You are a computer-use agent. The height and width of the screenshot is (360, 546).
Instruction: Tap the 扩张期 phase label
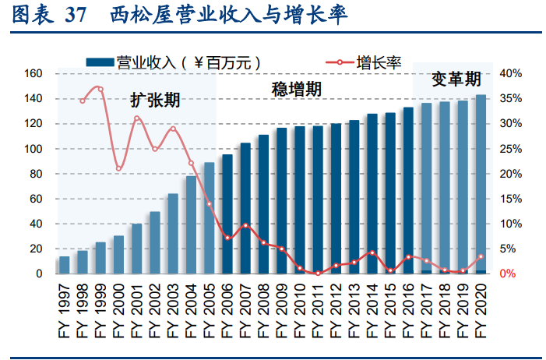click(x=155, y=101)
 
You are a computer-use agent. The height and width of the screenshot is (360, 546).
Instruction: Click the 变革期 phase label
click(x=456, y=79)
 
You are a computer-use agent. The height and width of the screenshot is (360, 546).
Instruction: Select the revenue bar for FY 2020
click(x=481, y=184)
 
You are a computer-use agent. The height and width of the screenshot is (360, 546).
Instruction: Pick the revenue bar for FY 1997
click(x=64, y=265)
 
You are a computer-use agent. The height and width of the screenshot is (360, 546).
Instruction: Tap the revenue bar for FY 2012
click(x=336, y=199)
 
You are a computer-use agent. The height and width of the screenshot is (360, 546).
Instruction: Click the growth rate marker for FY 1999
click(x=100, y=89)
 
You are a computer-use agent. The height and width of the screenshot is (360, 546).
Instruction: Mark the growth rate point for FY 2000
click(x=118, y=168)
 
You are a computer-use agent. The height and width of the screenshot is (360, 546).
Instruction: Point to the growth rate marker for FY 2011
click(x=318, y=274)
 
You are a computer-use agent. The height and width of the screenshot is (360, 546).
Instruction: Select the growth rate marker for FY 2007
click(x=245, y=226)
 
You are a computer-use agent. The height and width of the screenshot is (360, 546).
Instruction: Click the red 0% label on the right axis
click(x=507, y=274)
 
